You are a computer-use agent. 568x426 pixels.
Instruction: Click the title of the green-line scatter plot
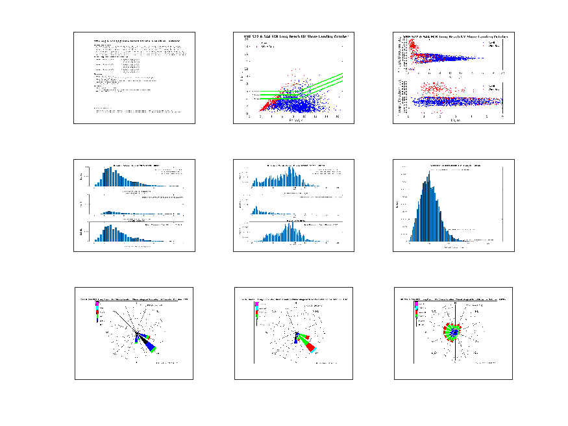click(x=294, y=36)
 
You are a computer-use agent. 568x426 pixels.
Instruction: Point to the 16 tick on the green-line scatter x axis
click(x=338, y=116)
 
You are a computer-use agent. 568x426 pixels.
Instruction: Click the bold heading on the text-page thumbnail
click(x=135, y=40)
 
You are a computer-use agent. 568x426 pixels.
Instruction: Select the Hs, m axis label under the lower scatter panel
click(x=455, y=121)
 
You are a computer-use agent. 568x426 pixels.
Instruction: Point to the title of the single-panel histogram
click(x=453, y=166)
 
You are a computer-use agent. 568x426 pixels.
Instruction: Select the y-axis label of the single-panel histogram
click(x=397, y=204)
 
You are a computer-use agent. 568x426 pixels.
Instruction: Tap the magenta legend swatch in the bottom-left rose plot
click(x=97, y=303)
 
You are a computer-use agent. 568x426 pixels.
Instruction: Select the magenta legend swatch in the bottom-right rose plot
click(x=416, y=303)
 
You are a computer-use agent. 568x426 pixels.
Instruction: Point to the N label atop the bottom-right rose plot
click(x=456, y=305)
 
